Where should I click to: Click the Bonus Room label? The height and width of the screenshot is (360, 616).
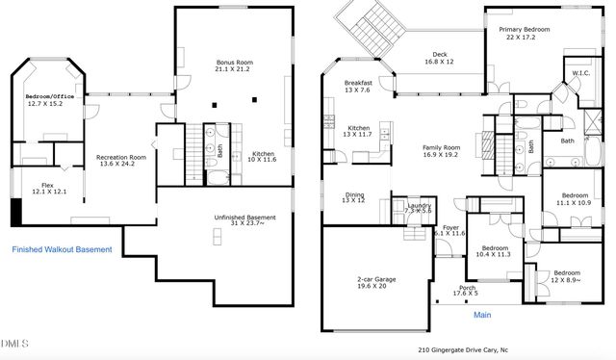click(x=234, y=65)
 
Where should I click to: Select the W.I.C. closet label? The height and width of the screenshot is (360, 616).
click(x=580, y=73)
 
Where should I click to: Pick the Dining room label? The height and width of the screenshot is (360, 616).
click(x=354, y=197)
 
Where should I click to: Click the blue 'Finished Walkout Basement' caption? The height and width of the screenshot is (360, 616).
click(x=62, y=250)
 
